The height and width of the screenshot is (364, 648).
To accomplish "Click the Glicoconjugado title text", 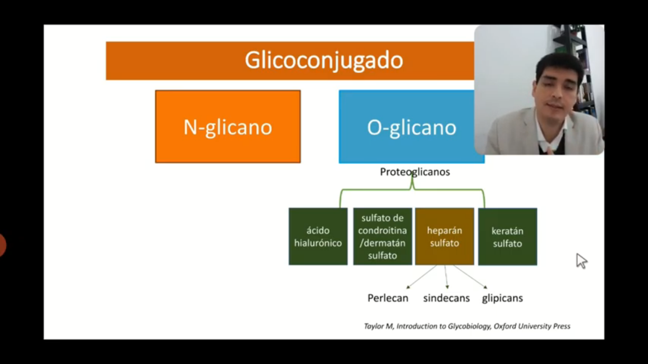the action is pyautogui.click(x=324, y=60).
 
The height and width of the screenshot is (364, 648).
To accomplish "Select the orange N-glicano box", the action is pyautogui.click(x=228, y=127).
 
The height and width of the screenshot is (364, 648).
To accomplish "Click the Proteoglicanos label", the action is pyautogui.click(x=415, y=172).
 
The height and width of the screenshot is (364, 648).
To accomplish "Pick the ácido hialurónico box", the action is pyautogui.click(x=318, y=236).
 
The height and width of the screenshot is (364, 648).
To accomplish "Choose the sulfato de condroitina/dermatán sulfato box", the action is pyautogui.click(x=382, y=236).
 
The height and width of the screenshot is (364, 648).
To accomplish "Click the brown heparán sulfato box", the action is pyautogui.click(x=444, y=236).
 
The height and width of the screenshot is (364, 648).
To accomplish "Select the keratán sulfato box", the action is pyautogui.click(x=508, y=237).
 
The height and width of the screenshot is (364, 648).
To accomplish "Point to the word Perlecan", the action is pyautogui.click(x=388, y=298).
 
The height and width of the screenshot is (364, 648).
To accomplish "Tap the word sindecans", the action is pyautogui.click(x=446, y=298).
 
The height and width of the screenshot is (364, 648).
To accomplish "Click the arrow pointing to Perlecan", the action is pyautogui.click(x=422, y=277).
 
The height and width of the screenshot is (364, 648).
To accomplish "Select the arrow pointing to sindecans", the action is pyautogui.click(x=446, y=277).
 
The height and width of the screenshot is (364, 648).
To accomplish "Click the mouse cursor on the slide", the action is pyautogui.click(x=581, y=261).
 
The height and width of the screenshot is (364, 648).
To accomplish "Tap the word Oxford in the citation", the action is pyautogui.click(x=505, y=326).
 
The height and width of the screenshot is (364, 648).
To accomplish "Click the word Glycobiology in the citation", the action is pyautogui.click(x=469, y=327).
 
